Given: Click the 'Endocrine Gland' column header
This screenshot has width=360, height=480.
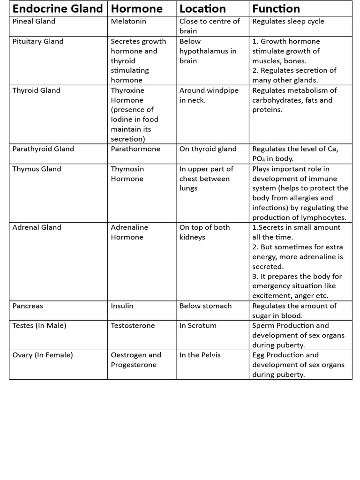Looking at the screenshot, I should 58,9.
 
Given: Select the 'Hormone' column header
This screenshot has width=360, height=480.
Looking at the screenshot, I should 136,9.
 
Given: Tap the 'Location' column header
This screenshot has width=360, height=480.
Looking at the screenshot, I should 202,9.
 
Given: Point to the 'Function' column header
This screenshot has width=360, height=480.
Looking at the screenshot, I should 276,9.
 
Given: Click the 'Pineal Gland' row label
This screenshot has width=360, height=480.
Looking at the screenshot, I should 34,22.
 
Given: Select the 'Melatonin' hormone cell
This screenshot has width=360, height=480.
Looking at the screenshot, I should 128,22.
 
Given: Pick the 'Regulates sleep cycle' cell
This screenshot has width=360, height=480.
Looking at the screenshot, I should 288,22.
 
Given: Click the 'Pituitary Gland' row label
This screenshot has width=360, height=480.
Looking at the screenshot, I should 38,41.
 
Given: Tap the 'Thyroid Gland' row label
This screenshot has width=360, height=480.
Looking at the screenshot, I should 37,90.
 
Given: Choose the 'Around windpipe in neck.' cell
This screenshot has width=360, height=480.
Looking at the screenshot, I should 209,95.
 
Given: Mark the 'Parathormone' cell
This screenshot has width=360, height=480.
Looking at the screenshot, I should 135,149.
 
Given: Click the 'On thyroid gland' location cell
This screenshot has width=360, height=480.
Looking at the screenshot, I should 208,149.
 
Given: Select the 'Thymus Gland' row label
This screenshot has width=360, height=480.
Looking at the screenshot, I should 37,169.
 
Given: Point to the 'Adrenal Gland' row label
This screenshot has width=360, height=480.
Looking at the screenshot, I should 37,227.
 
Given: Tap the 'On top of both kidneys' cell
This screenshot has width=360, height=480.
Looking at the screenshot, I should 204,232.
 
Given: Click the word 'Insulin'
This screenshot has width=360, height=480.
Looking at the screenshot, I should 122,306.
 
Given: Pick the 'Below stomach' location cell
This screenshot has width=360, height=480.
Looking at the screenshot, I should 205,306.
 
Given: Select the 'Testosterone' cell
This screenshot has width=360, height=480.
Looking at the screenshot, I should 133,326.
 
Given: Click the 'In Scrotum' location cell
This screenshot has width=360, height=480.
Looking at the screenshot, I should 198,326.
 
